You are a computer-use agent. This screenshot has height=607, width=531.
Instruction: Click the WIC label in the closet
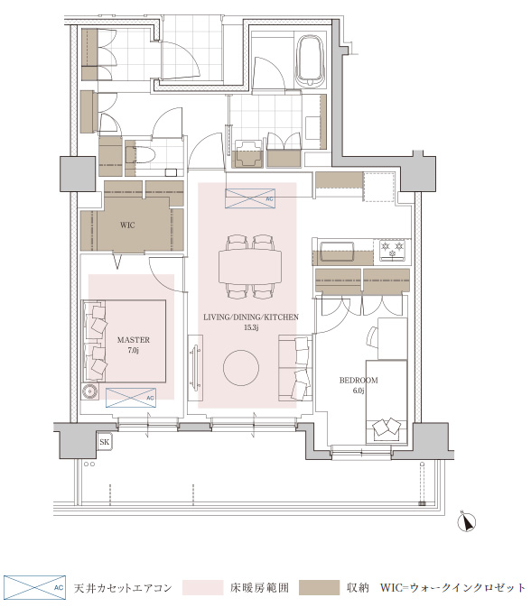point(127,225)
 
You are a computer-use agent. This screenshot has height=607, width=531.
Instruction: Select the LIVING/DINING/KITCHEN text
point(251,317)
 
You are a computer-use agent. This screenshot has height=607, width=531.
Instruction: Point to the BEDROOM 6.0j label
point(359,385)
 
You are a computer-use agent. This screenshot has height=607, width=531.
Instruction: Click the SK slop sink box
point(104,442)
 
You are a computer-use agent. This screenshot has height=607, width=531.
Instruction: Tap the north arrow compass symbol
point(467,522)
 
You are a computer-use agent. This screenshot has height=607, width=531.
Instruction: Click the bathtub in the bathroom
point(310,61)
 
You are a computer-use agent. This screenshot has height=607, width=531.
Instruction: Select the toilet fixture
point(140,155)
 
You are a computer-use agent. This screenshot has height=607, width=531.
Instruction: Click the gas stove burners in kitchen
point(392,249)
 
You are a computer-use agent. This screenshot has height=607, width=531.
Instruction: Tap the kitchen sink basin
point(337,252)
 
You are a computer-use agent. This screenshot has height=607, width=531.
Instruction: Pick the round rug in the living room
point(241,368)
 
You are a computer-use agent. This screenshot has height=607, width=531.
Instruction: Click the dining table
point(250,267)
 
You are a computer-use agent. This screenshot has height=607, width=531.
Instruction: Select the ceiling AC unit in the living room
point(250,198)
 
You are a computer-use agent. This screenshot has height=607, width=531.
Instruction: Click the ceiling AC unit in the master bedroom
point(131,398)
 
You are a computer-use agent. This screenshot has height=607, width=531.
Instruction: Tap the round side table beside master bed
point(90,391)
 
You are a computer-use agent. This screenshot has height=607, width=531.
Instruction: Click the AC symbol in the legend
point(34,588)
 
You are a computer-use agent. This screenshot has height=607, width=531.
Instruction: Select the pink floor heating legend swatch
point(202,588)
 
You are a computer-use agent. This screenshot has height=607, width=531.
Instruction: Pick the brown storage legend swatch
point(320,588)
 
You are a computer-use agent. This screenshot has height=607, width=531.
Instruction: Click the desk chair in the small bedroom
point(372,336)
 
